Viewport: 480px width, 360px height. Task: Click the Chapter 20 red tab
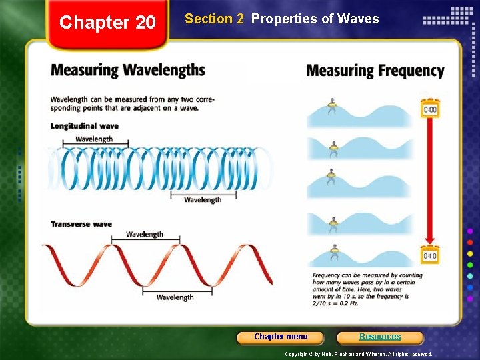107,23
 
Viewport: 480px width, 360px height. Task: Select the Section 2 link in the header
214,19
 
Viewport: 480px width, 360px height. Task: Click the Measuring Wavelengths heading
128,70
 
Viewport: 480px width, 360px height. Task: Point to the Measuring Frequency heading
375,71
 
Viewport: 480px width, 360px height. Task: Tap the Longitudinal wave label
85,126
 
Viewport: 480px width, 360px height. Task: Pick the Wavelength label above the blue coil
94,139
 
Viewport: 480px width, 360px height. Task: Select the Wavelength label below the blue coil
203,200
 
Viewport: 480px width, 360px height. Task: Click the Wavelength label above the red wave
145,234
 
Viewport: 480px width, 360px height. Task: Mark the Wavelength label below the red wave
175,297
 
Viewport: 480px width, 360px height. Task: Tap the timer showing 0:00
430,109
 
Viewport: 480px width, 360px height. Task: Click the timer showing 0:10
430,255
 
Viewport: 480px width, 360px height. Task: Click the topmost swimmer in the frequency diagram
331,106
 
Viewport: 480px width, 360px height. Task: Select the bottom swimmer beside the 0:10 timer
333,253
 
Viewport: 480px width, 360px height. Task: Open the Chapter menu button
281,337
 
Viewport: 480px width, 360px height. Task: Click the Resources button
380,337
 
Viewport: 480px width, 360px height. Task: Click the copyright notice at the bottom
359,354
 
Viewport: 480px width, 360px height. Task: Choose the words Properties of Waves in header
315,19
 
